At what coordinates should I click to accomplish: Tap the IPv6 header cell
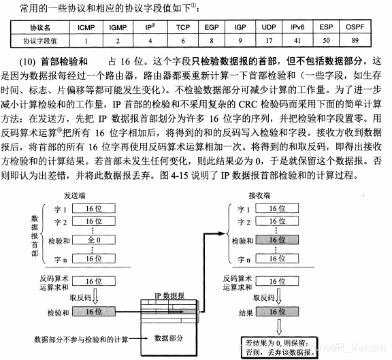pos(297,28)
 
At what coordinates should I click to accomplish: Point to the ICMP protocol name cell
pos(87,28)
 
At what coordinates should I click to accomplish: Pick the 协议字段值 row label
pos(42,41)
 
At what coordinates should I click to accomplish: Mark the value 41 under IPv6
pos(297,41)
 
